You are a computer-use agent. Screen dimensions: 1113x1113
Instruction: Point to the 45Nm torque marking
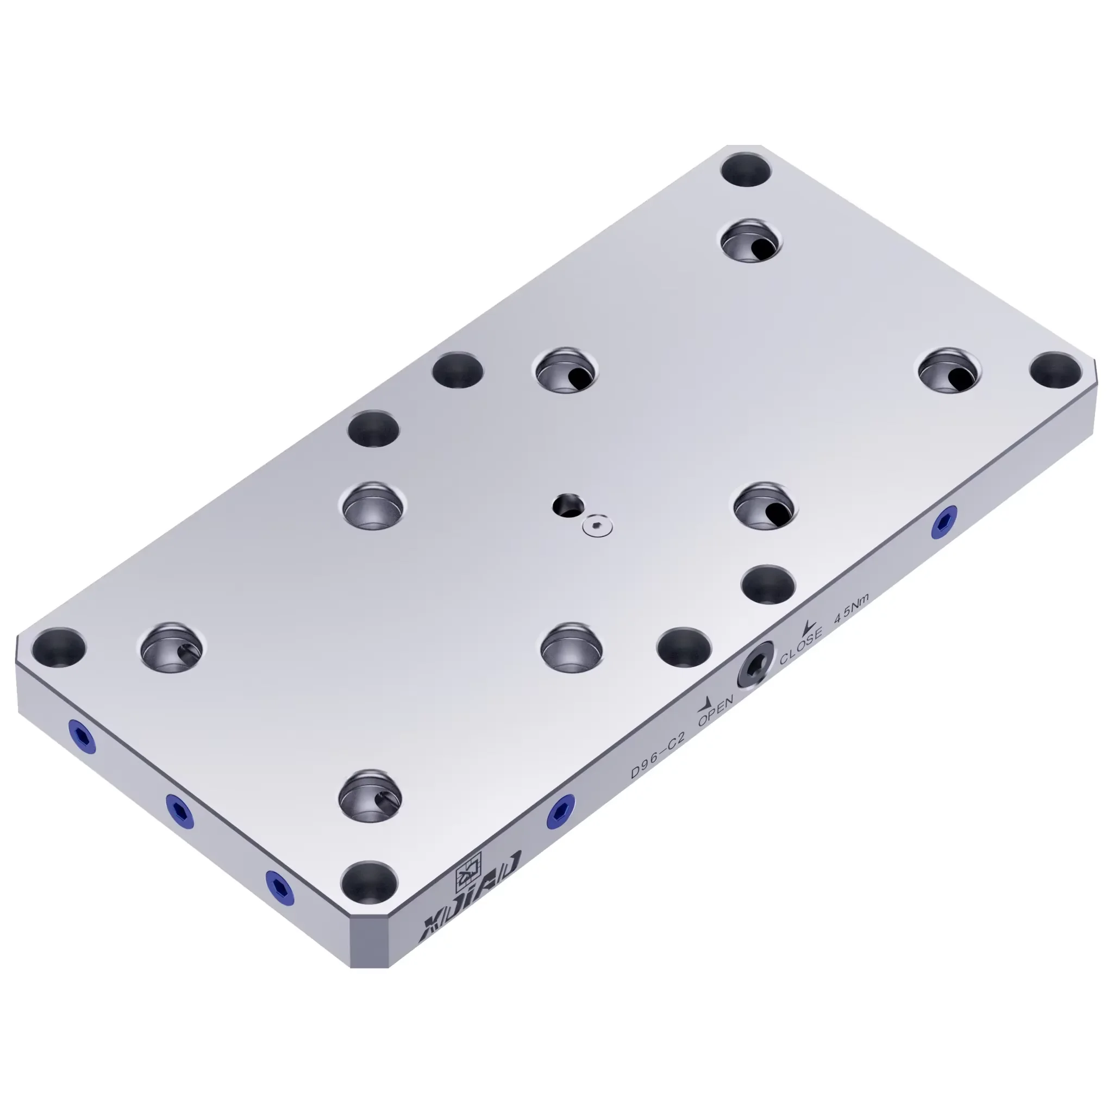click(852, 610)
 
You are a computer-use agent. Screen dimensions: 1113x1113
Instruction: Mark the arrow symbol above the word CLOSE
click(809, 626)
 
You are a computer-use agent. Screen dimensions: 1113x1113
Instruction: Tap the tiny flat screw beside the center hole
click(596, 525)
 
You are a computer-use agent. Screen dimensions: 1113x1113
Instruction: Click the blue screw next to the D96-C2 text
click(560, 811)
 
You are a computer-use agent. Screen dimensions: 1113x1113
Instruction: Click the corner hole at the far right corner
click(1055, 369)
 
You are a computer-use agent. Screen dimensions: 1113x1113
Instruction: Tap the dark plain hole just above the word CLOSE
click(768, 584)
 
